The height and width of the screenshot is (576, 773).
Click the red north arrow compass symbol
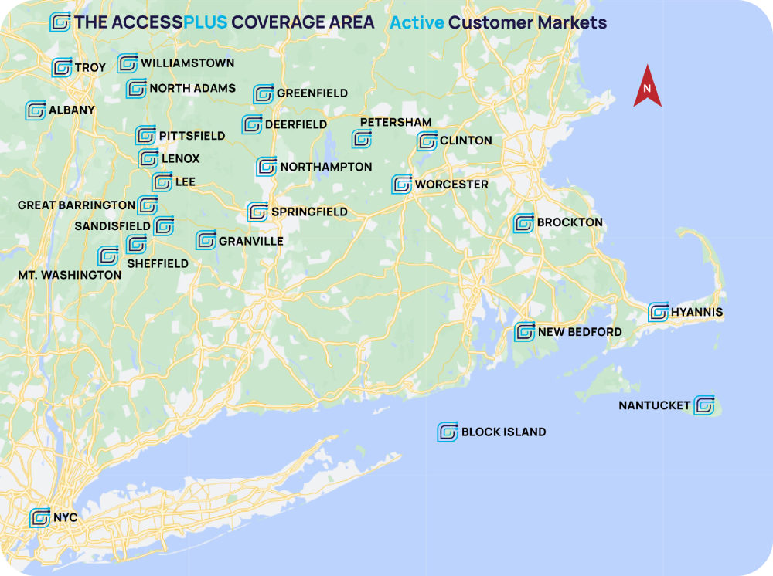click(647, 86)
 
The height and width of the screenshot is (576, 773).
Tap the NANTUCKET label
click(654, 405)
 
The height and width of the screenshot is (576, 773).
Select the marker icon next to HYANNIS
click(659, 312)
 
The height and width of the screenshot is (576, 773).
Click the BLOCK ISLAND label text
click(503, 432)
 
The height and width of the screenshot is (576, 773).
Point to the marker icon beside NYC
click(40, 517)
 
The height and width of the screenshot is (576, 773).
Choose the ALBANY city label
click(71, 110)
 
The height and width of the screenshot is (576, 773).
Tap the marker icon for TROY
click(62, 68)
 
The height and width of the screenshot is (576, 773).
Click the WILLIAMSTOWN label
click(187, 63)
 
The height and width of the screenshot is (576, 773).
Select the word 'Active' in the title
click(417, 22)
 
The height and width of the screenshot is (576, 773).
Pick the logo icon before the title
click(60, 22)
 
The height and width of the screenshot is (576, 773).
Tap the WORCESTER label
click(451, 185)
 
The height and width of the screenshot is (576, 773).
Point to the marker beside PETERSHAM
click(362, 139)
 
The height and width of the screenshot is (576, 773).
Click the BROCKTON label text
click(570, 222)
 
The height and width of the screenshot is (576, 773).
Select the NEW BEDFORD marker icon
click(525, 332)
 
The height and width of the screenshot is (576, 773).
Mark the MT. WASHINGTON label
click(70, 275)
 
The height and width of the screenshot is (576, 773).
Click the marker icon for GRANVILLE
click(206, 240)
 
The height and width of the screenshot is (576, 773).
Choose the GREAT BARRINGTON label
click(77, 205)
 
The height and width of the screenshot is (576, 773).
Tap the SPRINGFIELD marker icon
click(257, 212)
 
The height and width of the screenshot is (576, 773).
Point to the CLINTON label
click(465, 141)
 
